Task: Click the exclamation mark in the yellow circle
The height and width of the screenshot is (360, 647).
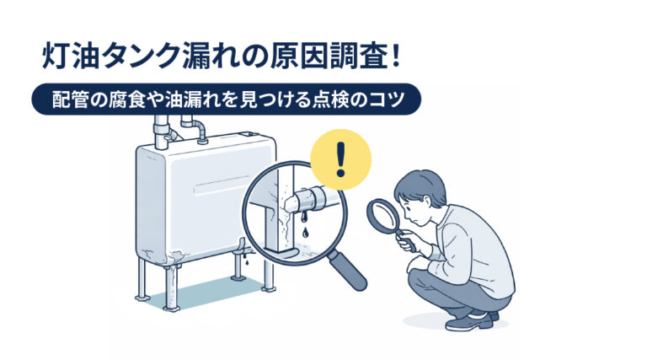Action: point(340,159)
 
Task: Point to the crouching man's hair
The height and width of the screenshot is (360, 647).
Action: point(419,185)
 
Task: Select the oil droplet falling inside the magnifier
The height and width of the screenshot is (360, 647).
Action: point(305,232)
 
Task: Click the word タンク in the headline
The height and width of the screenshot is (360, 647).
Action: point(143,56)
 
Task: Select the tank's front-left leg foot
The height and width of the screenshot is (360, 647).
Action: point(171,308)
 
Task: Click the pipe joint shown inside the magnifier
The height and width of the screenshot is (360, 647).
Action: point(312,197)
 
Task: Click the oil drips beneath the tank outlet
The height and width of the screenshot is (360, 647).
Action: point(246,260)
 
